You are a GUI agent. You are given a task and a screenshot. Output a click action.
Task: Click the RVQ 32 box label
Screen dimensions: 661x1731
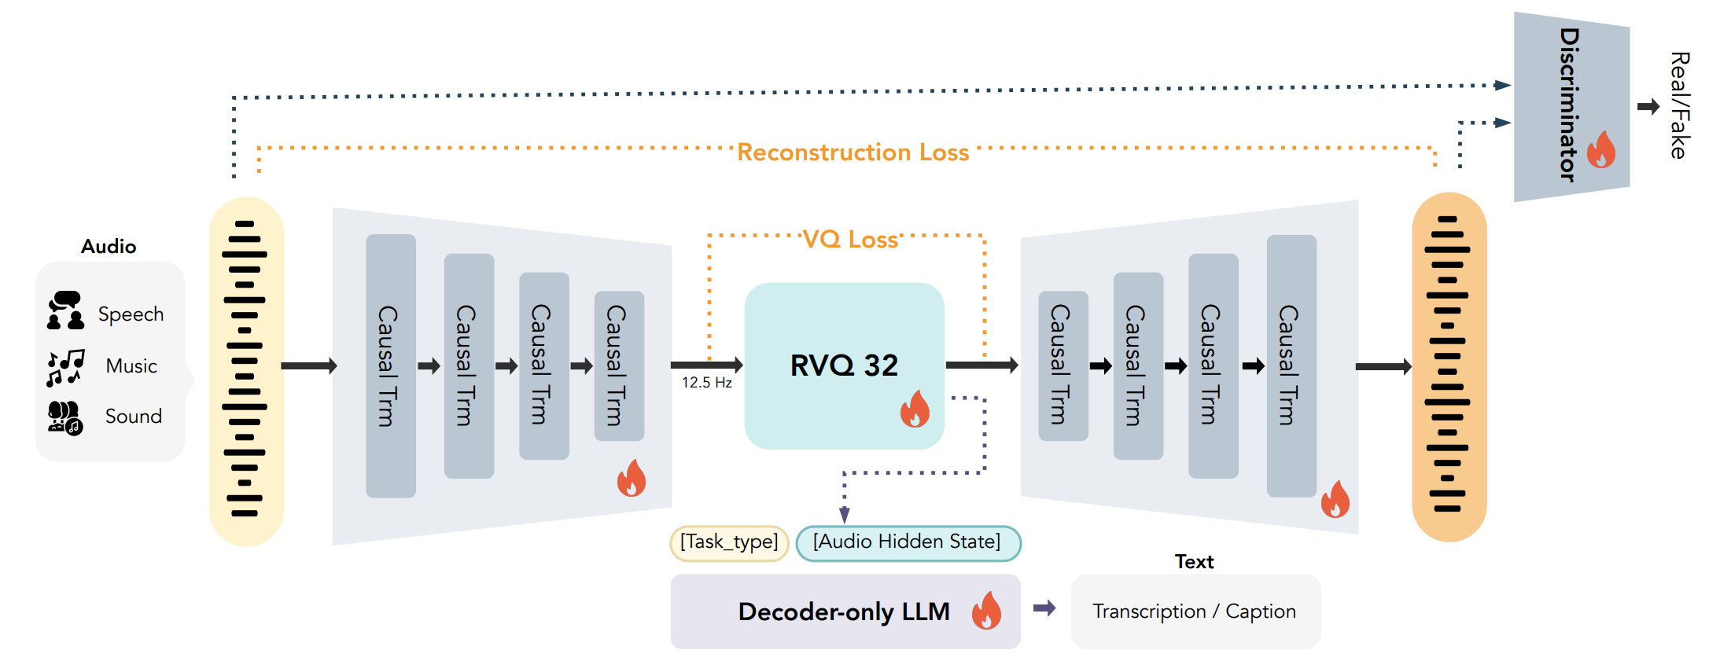844,365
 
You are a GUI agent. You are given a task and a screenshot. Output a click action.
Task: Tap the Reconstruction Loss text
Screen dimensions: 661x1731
853,152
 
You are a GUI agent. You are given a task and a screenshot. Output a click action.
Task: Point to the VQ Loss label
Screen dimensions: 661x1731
850,239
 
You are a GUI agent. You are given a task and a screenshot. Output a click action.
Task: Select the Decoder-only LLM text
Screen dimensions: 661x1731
843,611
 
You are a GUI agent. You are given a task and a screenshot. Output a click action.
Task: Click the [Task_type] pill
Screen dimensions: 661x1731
729,542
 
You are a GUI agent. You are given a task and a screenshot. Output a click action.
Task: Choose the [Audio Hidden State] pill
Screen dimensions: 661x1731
908,542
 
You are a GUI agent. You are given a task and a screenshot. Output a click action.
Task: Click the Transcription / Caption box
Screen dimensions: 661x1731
1195,611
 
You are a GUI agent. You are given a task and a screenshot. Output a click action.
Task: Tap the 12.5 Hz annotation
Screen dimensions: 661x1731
706,383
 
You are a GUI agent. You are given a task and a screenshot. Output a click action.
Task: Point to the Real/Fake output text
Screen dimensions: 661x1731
1680,105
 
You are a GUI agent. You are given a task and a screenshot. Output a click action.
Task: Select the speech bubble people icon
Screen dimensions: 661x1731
65,310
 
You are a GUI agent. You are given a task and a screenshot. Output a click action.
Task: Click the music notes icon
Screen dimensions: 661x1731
65,367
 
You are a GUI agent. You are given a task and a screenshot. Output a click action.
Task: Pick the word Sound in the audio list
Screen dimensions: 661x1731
134,417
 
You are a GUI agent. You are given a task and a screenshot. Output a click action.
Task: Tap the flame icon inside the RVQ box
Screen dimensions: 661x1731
915,409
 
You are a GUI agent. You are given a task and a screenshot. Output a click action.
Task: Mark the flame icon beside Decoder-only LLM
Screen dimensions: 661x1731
986,611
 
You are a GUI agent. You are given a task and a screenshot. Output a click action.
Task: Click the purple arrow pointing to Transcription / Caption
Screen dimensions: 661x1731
1044,608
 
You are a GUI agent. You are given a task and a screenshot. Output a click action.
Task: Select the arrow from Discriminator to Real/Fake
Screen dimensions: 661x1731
1648,106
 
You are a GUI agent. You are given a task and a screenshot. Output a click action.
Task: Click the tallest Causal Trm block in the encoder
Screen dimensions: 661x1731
391,365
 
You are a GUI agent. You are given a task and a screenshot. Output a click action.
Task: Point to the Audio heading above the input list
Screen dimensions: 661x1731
109,247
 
